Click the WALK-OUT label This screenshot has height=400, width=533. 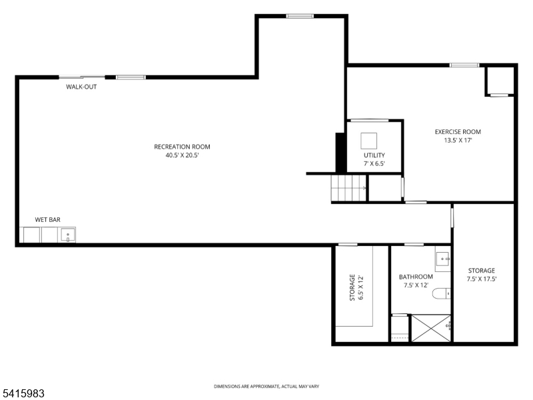pos(81,87)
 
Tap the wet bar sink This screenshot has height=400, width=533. pos(67,235)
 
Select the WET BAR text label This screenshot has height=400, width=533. pos(48,219)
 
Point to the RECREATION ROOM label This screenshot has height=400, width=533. pos(182,147)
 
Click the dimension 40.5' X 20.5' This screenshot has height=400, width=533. pos(182,155)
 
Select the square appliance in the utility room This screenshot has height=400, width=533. pos(369,141)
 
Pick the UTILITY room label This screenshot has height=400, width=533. pos(374,155)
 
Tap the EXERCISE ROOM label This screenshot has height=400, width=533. pos(457,132)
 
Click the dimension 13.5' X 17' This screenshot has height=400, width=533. pos(457,141)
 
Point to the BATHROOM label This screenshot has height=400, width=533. pos(416,277)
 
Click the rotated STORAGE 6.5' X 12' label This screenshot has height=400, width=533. pos(356,287)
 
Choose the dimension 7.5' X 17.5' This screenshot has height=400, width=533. pos(481,279)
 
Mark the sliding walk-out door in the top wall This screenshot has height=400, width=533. pos(82,77)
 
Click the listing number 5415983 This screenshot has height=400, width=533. pos(23,393)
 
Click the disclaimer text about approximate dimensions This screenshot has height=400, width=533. pos(266,387)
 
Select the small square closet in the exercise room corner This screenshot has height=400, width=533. pos(499,81)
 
